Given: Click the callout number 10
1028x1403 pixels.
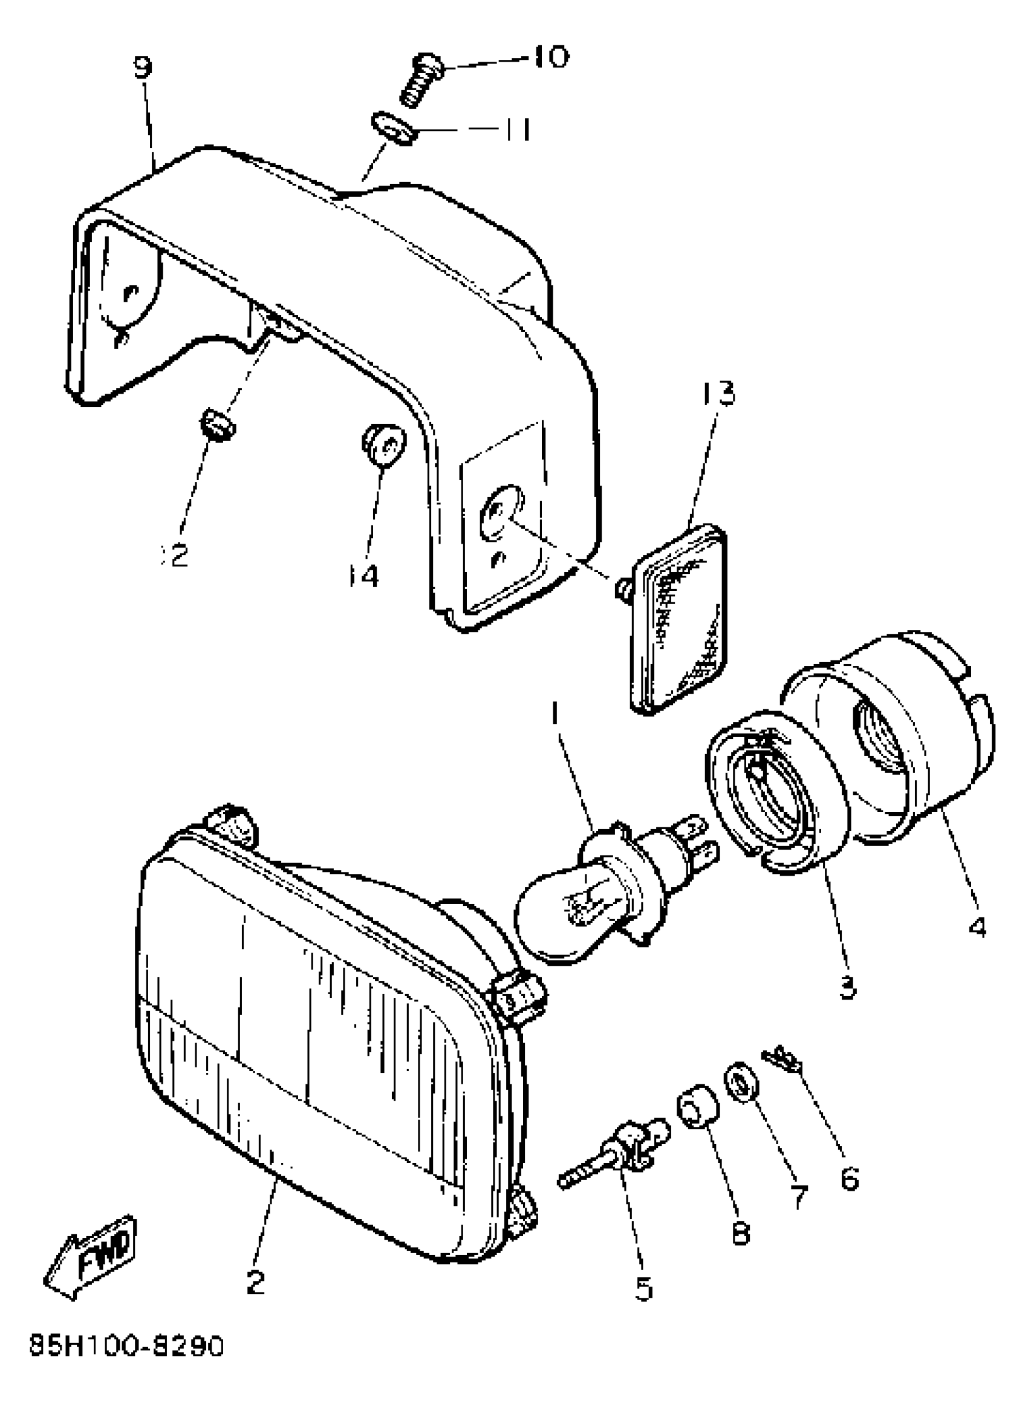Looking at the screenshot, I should coord(550,57).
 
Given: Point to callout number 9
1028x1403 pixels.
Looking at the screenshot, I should coord(143,68).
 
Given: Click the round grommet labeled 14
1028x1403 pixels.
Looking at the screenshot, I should coord(383,444).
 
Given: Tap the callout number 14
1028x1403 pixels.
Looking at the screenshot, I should coord(363,576).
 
